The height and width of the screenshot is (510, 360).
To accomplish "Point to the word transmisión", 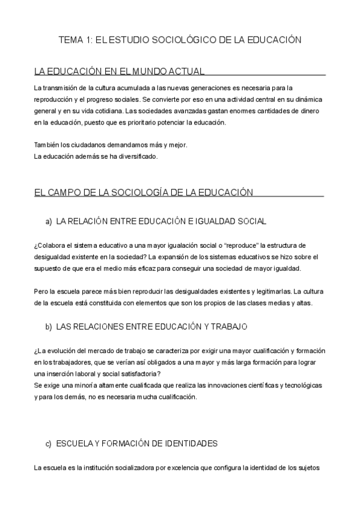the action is [x=67, y=88].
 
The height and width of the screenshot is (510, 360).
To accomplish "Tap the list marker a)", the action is [x=48, y=221].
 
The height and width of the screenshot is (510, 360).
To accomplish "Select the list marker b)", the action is [x=48, y=326].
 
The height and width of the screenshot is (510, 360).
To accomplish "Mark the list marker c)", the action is [x=48, y=443].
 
